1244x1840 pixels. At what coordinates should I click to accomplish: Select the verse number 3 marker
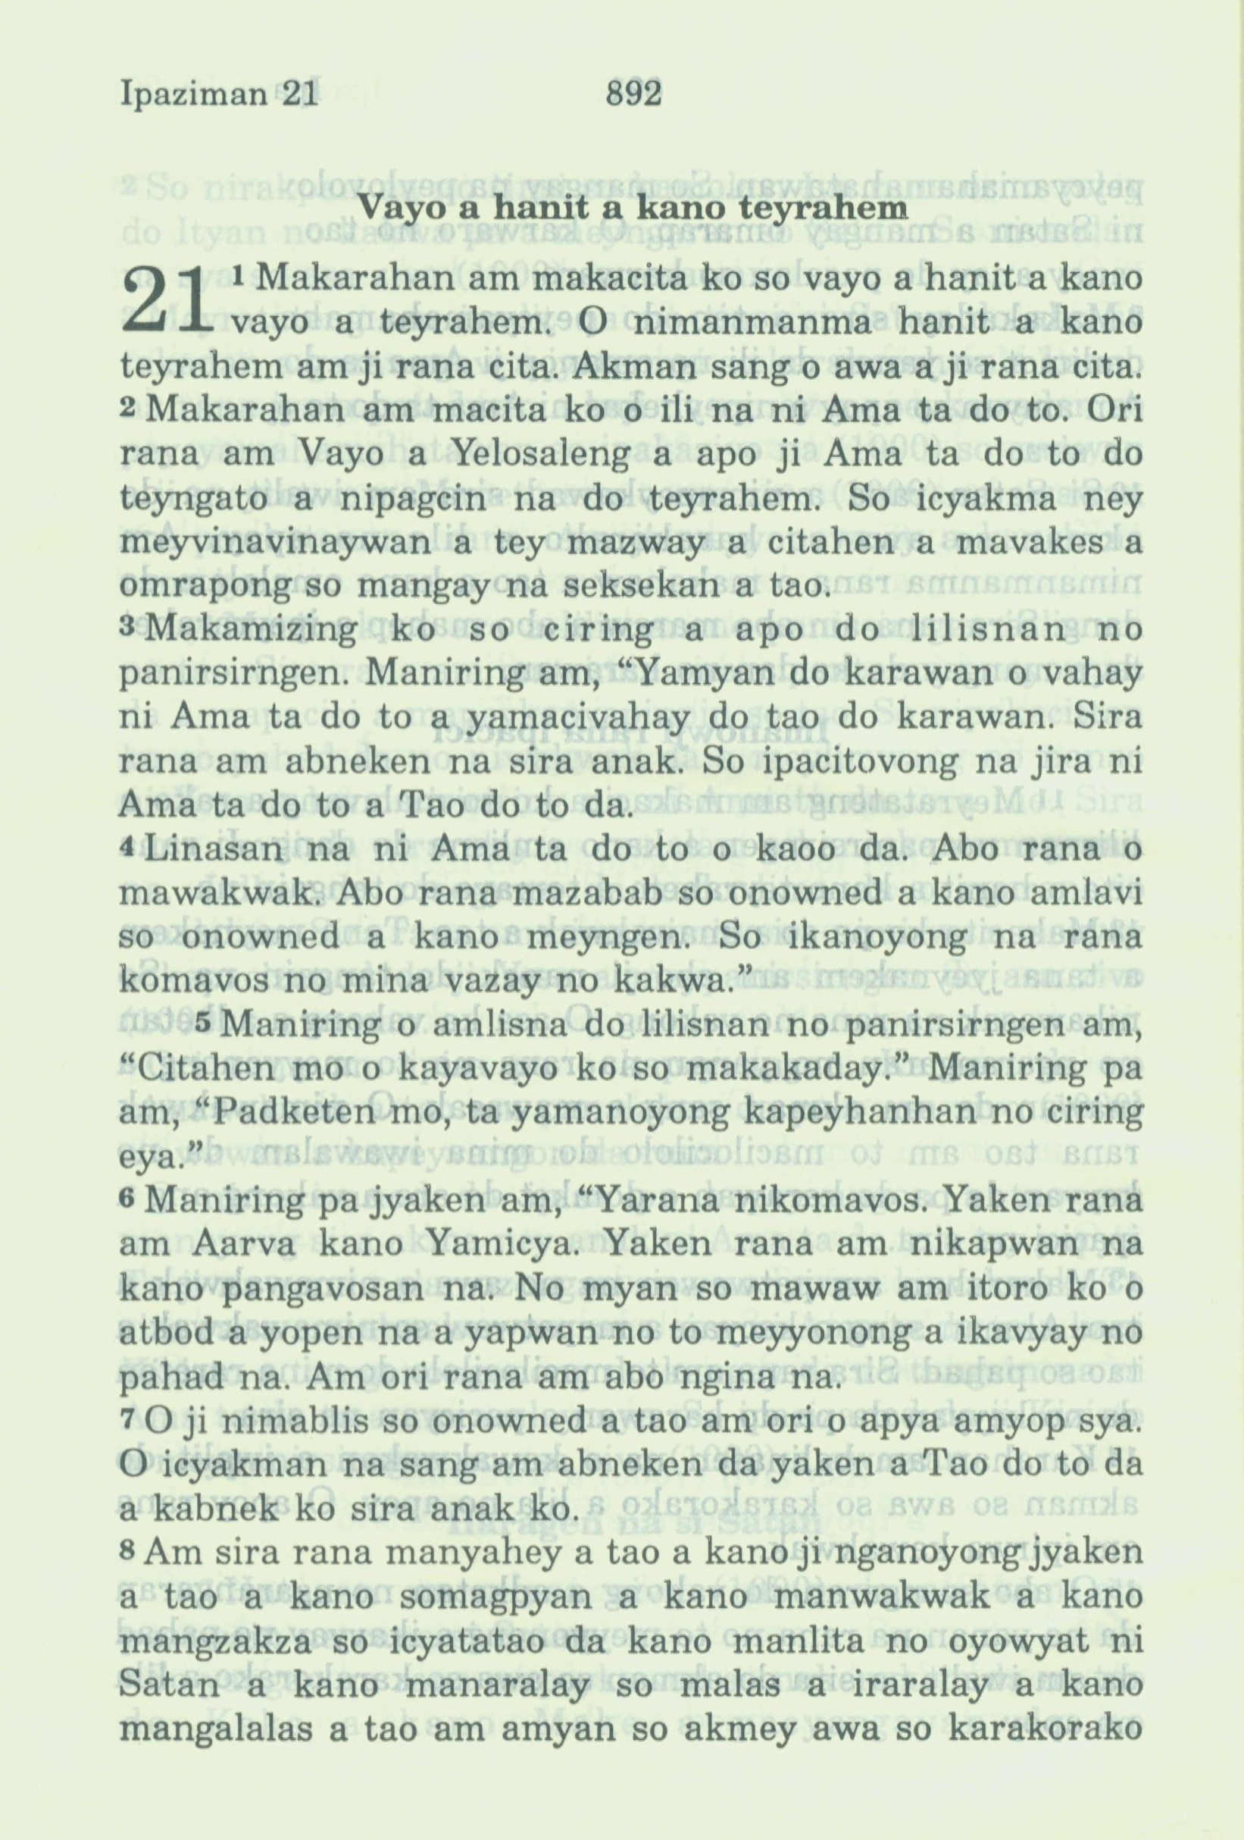pyautogui.click(x=129, y=630)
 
